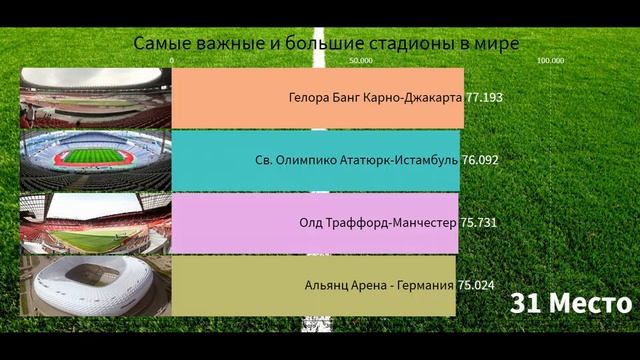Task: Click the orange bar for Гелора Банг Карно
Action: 230,99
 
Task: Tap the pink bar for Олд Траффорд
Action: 230,222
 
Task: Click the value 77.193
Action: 483,99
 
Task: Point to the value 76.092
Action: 479,160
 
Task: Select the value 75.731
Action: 478,222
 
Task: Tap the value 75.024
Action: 476,284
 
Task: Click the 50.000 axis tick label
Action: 361,60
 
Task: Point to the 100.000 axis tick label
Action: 550,60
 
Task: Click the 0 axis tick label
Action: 172,60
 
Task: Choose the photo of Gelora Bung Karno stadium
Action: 96,98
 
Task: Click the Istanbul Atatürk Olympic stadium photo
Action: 96,160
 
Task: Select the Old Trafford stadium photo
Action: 96,222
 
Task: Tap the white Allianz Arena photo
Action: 96,285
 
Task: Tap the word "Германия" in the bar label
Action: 424,284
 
